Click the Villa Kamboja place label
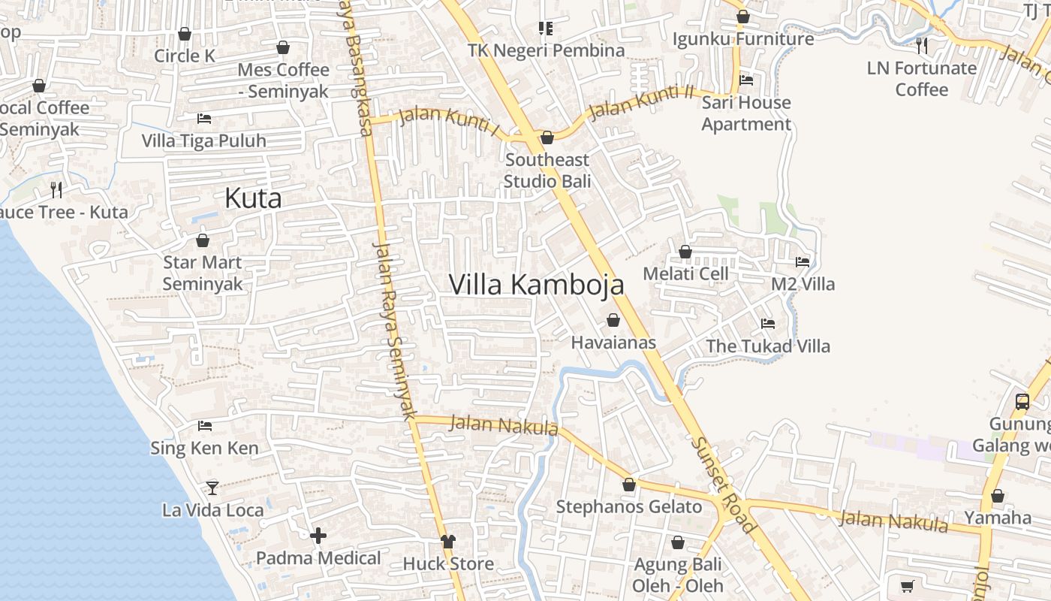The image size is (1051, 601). (x=536, y=285)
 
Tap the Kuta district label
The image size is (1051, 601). (x=253, y=198)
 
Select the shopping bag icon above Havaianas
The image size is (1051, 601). (x=613, y=320)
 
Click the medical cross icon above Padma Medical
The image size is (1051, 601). (x=318, y=536)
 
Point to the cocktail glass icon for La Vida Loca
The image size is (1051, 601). (x=212, y=488)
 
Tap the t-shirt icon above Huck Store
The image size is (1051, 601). (x=448, y=541)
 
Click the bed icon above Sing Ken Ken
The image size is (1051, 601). (x=204, y=426)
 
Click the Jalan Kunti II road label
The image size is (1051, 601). (x=642, y=102)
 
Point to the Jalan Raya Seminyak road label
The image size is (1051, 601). (x=394, y=331)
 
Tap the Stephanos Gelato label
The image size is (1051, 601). (x=629, y=507)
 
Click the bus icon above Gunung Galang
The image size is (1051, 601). (x=1022, y=401)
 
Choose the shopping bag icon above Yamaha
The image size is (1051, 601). (x=998, y=496)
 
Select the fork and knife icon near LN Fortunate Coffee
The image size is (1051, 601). (x=922, y=46)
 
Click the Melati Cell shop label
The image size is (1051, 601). (x=686, y=273)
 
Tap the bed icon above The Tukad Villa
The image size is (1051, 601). (x=768, y=324)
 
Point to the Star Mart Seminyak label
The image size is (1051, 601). (x=203, y=273)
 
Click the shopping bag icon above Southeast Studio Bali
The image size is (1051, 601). (x=547, y=137)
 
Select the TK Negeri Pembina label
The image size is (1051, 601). (x=546, y=50)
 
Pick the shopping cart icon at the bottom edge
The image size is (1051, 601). (x=908, y=586)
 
